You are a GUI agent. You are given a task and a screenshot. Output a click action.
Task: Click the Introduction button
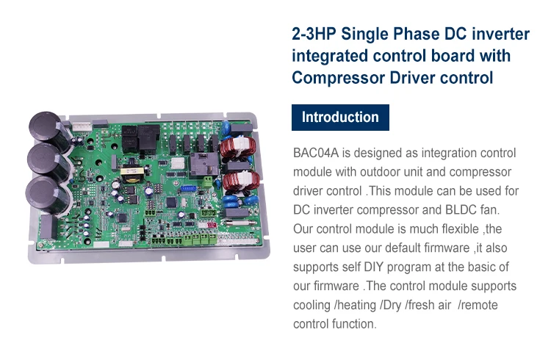[x=340, y=118]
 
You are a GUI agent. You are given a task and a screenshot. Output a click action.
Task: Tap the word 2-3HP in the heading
[x=314, y=34]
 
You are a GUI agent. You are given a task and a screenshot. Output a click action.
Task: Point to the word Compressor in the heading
[x=338, y=78]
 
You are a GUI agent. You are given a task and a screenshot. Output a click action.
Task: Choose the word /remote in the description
[x=478, y=305]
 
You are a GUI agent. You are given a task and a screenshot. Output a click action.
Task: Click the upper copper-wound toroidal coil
[x=238, y=147]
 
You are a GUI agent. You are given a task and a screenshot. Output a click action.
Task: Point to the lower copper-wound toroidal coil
[x=241, y=180]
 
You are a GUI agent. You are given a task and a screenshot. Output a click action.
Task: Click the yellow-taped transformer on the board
[x=132, y=175]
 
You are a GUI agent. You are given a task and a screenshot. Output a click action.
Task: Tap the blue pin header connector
[x=190, y=189]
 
